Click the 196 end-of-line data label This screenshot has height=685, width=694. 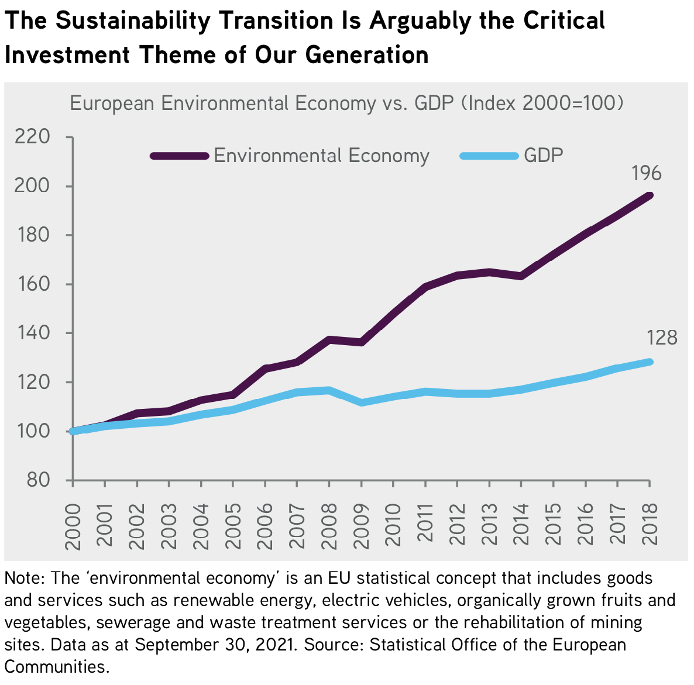[646, 174]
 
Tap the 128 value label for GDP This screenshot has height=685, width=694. [662, 338]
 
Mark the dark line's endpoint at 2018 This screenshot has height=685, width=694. [649, 196]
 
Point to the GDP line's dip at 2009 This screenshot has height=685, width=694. [361, 402]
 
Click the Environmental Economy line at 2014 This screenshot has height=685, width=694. [521, 276]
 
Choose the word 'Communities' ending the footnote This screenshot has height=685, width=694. [56, 667]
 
